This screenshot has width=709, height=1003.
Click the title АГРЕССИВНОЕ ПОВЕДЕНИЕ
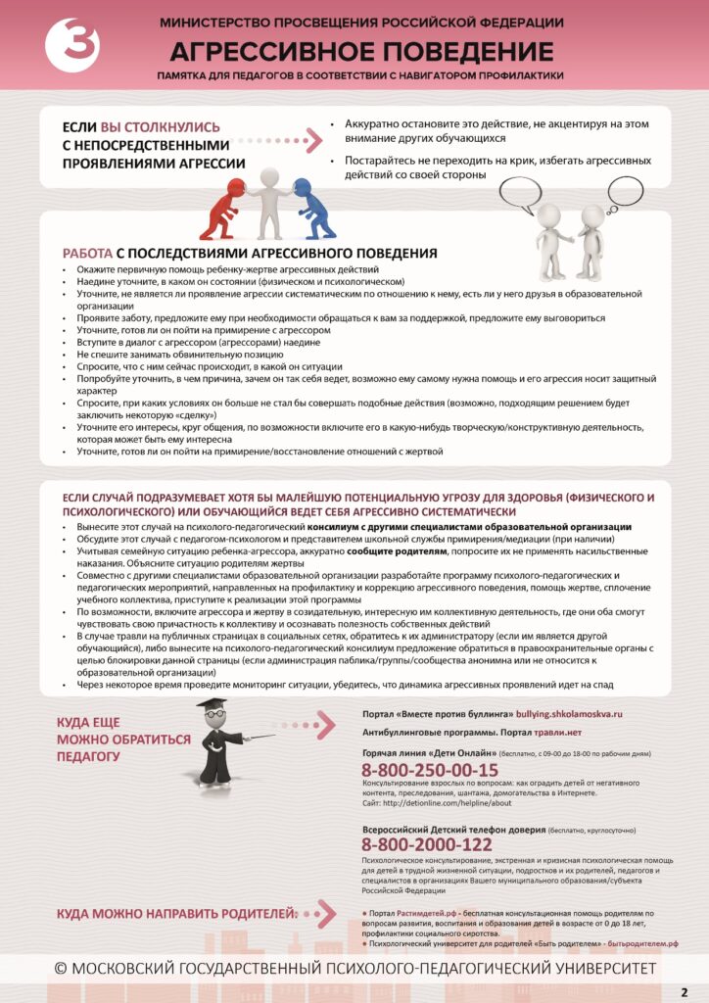[x=361, y=51]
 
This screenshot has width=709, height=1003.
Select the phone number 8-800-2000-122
[x=426, y=844]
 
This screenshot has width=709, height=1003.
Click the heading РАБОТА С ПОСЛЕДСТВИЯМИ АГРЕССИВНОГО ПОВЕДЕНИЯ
[x=249, y=253]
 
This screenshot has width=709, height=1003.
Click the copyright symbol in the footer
[x=61, y=968]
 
